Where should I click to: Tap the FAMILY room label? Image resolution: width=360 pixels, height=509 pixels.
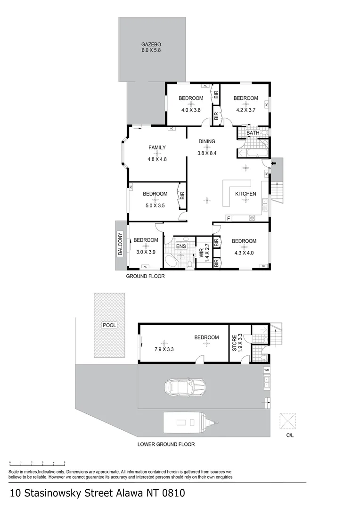point(157,148)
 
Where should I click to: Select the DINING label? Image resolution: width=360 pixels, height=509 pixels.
point(207,141)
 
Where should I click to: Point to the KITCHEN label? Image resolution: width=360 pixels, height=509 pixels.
point(245,194)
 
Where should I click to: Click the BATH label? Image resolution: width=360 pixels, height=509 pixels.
point(253,133)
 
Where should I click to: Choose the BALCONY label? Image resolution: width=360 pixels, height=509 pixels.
point(120,244)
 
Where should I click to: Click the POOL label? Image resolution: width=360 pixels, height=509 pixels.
point(109,325)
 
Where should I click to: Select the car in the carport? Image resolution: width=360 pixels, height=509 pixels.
point(186,387)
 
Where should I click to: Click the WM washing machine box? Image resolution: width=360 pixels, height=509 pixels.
point(266,369)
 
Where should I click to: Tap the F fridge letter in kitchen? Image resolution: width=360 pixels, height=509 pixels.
point(229,218)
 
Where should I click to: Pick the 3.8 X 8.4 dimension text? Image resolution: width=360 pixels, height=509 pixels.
point(207,152)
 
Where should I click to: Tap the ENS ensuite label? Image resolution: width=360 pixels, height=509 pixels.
point(181,246)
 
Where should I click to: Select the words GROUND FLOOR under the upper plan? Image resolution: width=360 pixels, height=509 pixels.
point(145,277)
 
